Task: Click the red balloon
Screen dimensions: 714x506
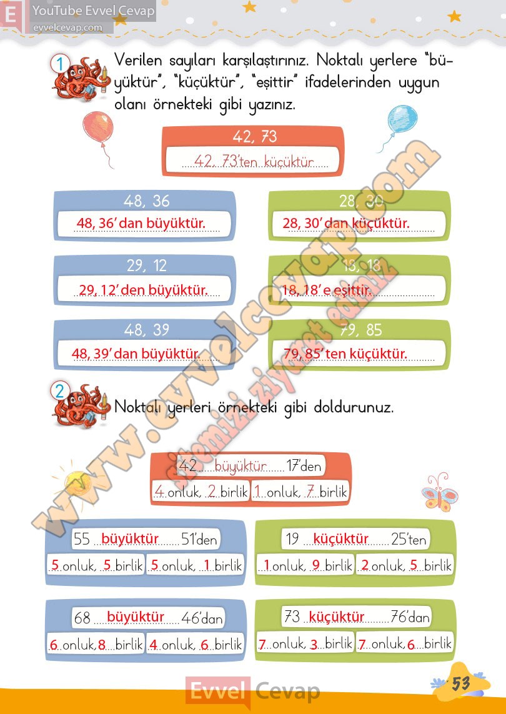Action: pyautogui.click(x=98, y=129)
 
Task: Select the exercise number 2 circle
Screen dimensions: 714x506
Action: pyautogui.click(x=60, y=392)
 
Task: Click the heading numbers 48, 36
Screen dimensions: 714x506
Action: pyautogui.click(x=146, y=201)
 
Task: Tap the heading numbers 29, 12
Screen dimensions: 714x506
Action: pyautogui.click(x=146, y=265)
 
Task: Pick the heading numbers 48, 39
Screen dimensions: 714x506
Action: pyautogui.click(x=146, y=330)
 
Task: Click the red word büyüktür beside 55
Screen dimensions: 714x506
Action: pyautogui.click(x=130, y=538)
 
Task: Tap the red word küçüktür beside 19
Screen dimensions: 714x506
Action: pyautogui.click(x=341, y=538)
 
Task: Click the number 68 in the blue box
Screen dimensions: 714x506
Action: pyautogui.click(x=82, y=618)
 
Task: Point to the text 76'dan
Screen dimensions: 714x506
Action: pyautogui.click(x=410, y=618)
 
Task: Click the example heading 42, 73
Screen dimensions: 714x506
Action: pyautogui.click(x=254, y=137)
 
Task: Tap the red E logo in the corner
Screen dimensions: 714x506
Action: pyautogui.click(x=11, y=14)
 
